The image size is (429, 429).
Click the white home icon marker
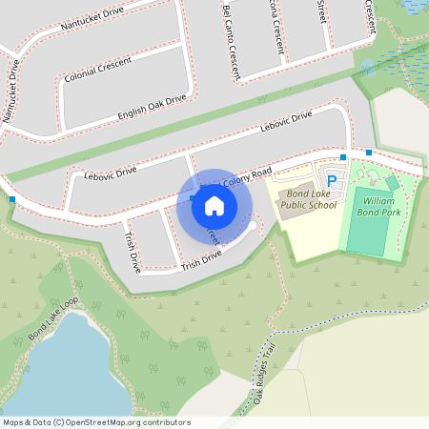point(214,205)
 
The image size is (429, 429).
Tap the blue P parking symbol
point(332,180)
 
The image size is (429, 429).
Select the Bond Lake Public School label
point(308,199)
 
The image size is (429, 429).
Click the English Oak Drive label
point(152,107)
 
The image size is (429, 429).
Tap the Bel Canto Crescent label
point(230,39)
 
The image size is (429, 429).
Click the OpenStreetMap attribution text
point(96,422)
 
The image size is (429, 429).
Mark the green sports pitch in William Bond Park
point(367,221)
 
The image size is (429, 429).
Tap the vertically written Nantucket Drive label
point(11,92)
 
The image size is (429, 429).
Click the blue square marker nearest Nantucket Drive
point(12,199)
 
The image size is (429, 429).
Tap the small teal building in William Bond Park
point(392,182)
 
